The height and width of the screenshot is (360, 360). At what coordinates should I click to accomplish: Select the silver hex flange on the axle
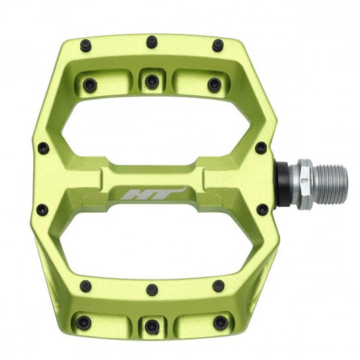tap(305, 184)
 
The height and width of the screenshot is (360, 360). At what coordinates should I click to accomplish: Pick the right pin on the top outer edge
tap(217, 46)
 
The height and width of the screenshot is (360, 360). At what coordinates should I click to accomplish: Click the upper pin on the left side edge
tap(43, 147)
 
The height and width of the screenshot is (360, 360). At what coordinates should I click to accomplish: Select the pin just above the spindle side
tap(261, 147)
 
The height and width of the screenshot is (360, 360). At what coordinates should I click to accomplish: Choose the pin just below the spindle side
tap(261, 209)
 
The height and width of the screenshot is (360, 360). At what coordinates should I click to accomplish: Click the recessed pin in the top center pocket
tap(151, 81)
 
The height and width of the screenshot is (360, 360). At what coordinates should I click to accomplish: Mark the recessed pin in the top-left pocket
tap(90, 84)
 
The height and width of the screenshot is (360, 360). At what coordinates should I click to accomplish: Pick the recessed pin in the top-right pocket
tap(214, 84)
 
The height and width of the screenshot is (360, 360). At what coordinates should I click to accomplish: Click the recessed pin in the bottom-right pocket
tap(220, 321)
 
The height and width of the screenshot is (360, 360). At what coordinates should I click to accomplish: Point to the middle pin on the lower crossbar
tap(152, 289)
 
